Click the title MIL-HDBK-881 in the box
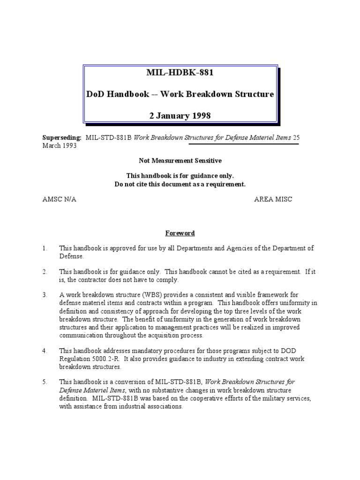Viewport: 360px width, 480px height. (180, 73)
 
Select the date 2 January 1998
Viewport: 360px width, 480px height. (180, 115)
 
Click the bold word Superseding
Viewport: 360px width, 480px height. (62, 138)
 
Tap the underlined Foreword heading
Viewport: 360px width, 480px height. (180, 233)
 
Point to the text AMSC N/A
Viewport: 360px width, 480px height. (59, 199)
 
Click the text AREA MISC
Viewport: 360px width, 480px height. (273, 199)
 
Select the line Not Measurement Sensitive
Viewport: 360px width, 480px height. (180, 160)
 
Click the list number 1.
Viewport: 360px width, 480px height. (45, 248)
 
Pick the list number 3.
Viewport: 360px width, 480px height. (45, 295)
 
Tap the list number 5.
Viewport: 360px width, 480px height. (45, 382)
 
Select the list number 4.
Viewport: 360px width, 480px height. (45, 350)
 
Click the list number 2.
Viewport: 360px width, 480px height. (45, 272)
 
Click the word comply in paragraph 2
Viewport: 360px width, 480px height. (167, 280)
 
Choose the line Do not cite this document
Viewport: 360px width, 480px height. (180, 184)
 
